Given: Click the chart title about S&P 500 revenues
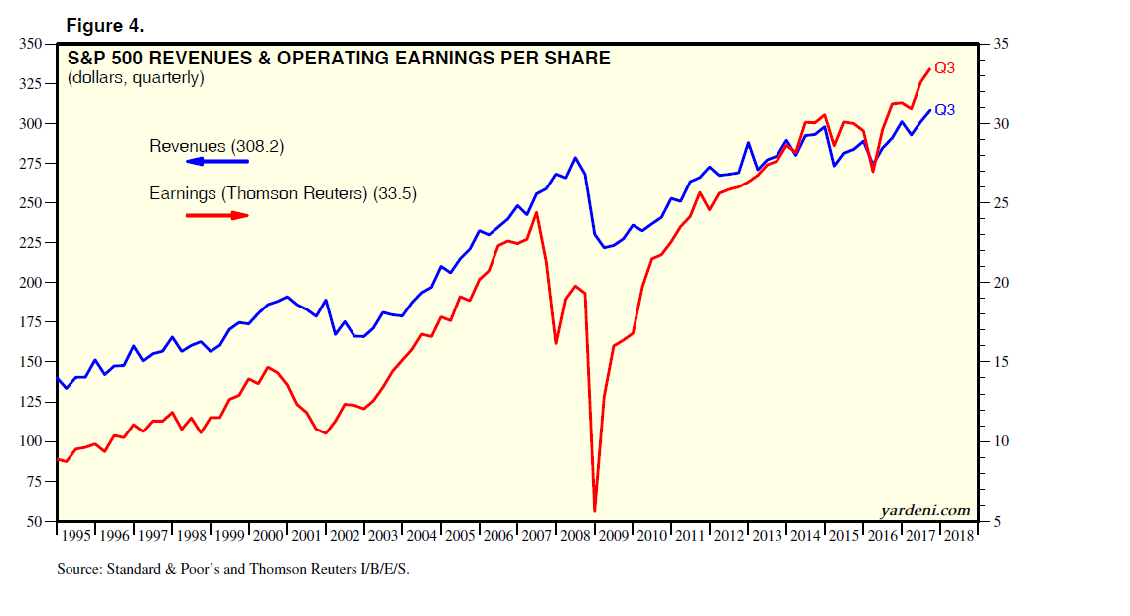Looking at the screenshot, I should click(x=338, y=59).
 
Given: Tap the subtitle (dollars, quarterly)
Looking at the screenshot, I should click(x=135, y=78).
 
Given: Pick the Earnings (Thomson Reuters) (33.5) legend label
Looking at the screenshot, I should click(x=282, y=195).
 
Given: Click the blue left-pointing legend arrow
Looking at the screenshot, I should click(x=217, y=161).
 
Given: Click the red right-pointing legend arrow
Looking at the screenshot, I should click(x=217, y=214).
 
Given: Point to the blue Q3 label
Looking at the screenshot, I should click(x=945, y=110).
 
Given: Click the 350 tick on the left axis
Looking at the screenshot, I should click(x=31, y=45).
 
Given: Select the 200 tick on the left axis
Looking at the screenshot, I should click(x=31, y=283).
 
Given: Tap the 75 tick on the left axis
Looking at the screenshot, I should click(x=34, y=481).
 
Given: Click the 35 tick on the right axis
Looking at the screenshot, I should click(x=998, y=45).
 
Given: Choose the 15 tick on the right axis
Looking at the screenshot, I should click(x=998, y=362).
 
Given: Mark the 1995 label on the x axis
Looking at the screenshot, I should click(x=76, y=536).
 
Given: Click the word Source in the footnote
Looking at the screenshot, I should click(x=78, y=571).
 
